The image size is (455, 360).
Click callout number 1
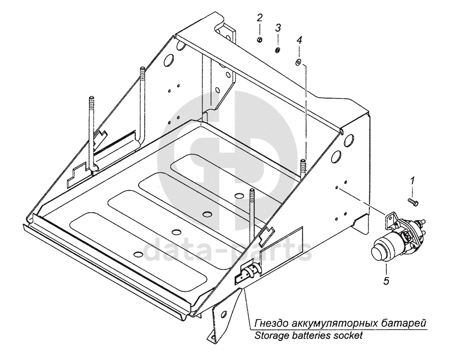tap(413, 179)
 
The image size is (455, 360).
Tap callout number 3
tap(278, 27)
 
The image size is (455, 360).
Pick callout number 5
tap(386, 281)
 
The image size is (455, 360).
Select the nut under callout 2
tap(261, 39)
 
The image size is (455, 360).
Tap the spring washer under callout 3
tap(278, 50)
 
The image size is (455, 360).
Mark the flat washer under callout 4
tap(298, 62)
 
